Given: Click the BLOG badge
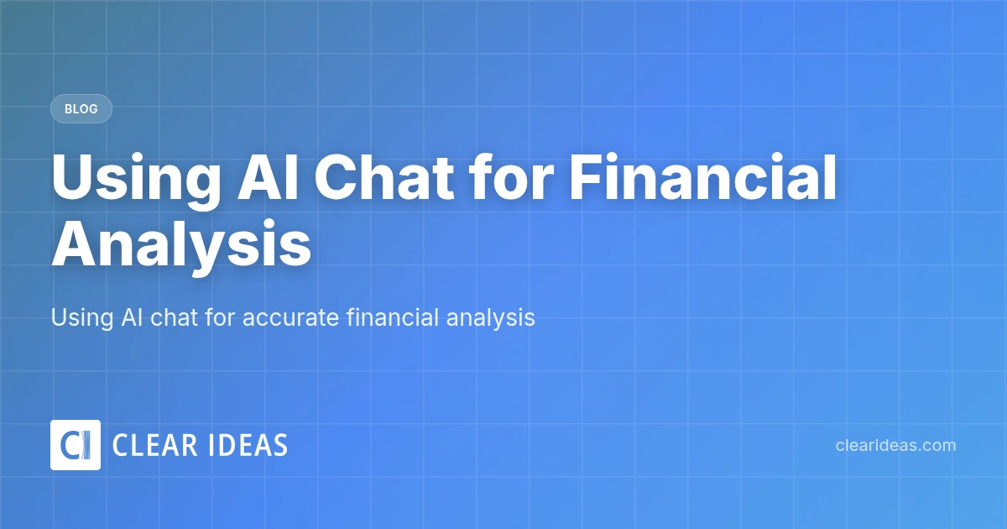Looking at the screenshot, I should point(81,109).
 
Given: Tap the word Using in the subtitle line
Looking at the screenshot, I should point(79,318).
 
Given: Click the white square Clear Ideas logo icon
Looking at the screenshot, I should point(76,445).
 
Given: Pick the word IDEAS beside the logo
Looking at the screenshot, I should point(248,445).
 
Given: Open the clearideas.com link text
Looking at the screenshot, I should point(895,445).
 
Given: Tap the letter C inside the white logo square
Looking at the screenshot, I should point(69,445).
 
